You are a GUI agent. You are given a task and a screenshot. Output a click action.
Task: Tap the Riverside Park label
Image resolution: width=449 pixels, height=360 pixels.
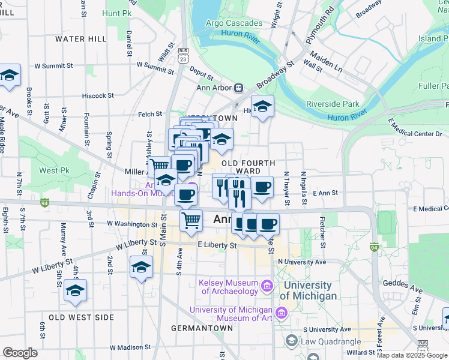click(332, 103)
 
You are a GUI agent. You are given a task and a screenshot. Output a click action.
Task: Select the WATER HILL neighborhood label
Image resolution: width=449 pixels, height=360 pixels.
click(80, 38)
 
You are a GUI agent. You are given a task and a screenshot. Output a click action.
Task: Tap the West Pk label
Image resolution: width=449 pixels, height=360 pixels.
click(55, 170)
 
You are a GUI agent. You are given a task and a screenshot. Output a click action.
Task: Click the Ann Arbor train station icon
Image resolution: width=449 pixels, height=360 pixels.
click(238, 88)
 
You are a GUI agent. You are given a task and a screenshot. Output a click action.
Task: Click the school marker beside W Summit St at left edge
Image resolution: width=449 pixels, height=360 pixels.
click(10, 76)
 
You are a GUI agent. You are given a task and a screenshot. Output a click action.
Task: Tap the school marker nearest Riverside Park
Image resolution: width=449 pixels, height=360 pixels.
click(262, 106)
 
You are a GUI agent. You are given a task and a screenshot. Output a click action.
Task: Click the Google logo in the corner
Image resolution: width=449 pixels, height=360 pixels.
click(20, 353)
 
